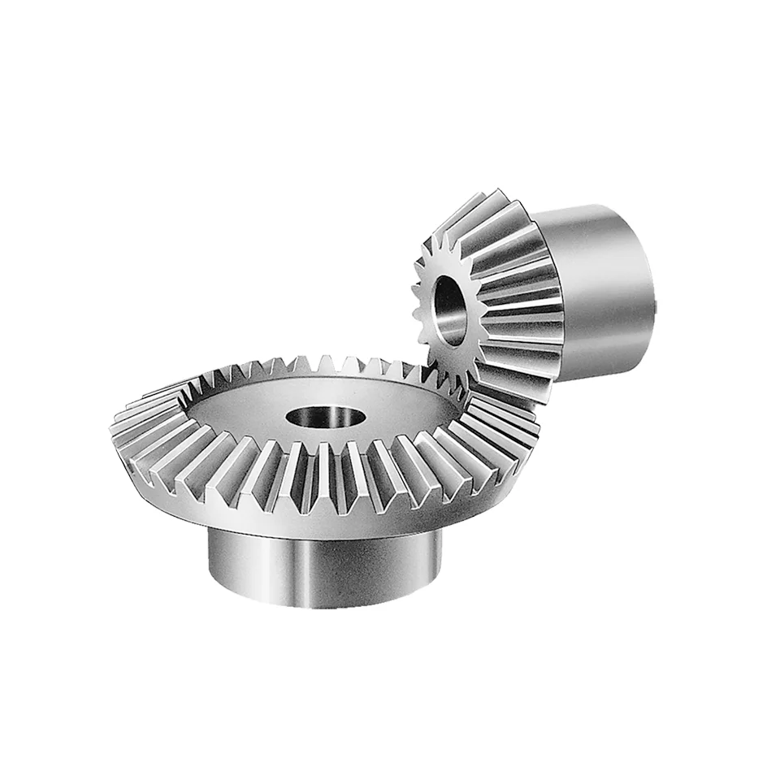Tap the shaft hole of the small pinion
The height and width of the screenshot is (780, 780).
tap(449, 311)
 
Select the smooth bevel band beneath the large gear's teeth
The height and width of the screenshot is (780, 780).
tap(325, 520)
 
